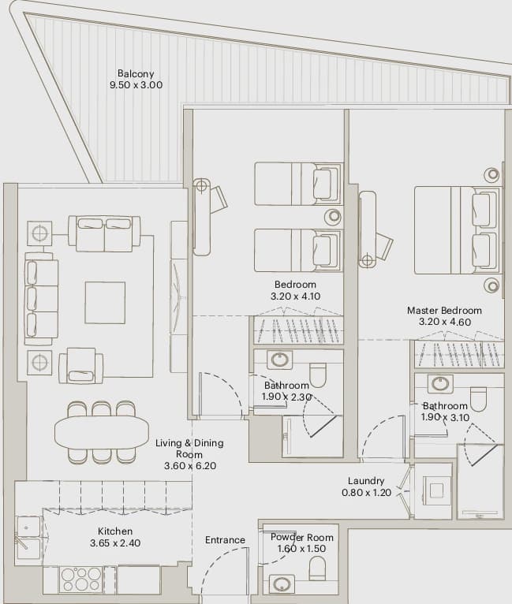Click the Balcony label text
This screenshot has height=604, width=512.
136,73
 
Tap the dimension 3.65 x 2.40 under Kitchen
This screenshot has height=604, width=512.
115,543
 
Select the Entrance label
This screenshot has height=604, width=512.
225,540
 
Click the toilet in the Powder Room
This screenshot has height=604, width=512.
317,569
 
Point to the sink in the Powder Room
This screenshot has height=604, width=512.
282,584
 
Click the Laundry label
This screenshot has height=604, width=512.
366,481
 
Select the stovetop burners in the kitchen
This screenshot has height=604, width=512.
81,580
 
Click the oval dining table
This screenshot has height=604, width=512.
102,432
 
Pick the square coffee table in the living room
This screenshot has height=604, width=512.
105,302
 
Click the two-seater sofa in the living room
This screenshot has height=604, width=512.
104,234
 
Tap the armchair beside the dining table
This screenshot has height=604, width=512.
81,366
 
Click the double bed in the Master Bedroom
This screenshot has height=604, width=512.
458,230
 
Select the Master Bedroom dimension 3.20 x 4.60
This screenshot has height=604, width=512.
445,322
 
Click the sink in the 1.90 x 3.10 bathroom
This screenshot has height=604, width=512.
440,383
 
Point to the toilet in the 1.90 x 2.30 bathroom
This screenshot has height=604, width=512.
318,375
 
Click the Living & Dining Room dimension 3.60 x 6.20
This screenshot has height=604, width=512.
190,466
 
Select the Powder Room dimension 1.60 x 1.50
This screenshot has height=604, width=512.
301,549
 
